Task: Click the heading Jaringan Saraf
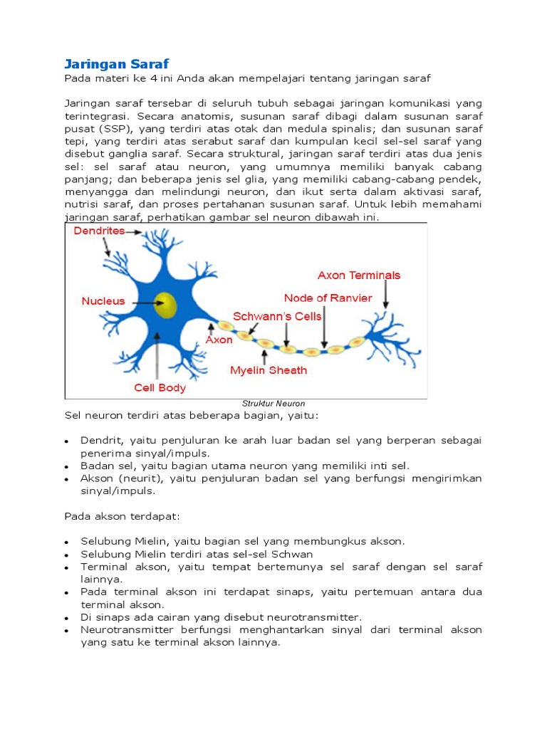(x=116, y=63)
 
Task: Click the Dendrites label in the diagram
(x=99, y=231)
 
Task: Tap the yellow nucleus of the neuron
(x=167, y=305)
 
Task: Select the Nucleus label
(x=103, y=301)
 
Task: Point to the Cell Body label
(x=160, y=388)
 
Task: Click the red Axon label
(x=219, y=340)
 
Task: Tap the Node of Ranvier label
(x=328, y=298)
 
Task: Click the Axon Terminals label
(x=359, y=276)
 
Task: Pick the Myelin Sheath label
(x=269, y=370)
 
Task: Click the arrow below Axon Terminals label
(x=385, y=294)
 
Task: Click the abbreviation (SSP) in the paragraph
(x=117, y=129)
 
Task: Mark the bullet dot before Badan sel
(x=66, y=467)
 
